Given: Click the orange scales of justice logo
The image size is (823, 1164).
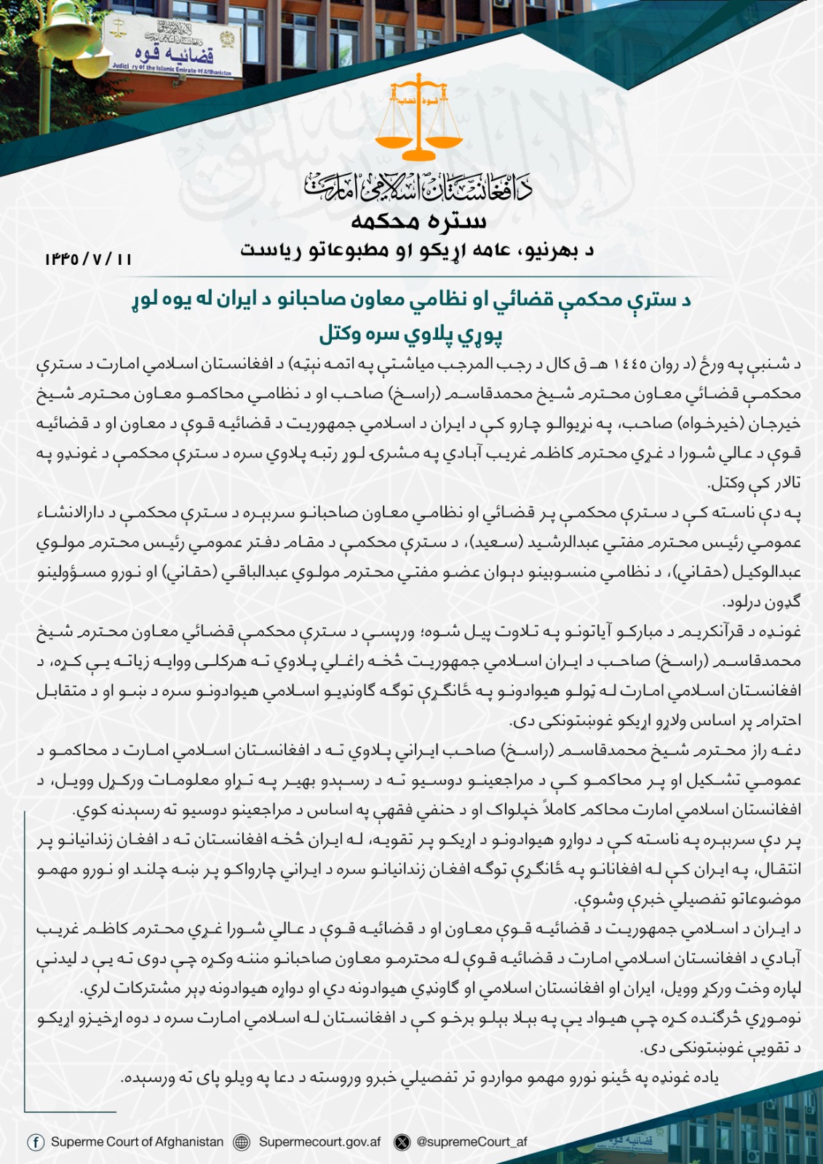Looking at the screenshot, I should [x=418, y=120].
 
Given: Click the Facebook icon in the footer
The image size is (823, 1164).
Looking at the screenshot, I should [x=35, y=1142].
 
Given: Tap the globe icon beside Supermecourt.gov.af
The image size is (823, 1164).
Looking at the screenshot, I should [x=242, y=1142].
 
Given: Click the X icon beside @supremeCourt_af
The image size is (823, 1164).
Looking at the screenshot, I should [x=402, y=1142].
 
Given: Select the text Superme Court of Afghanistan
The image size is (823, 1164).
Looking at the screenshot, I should [x=137, y=1142].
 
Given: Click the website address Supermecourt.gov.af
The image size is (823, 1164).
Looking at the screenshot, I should [x=319, y=1142].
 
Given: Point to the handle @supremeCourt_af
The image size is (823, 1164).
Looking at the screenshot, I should [x=472, y=1142].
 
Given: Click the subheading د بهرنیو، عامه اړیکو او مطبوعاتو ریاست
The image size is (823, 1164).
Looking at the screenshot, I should [x=418, y=251].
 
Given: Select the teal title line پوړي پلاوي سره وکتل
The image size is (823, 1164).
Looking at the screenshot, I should [x=411, y=335].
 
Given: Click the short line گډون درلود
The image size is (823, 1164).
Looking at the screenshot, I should [x=761, y=602].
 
